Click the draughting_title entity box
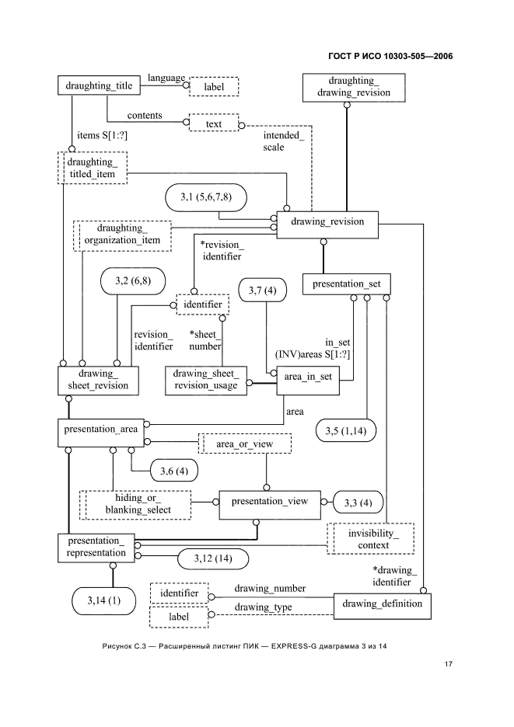click(x=99, y=85)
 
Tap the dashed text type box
click(x=213, y=123)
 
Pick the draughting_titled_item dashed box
click(x=93, y=168)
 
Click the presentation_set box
click(x=345, y=284)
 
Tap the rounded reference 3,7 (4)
click(x=262, y=290)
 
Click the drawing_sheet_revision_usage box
click(x=206, y=379)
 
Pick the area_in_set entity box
click(x=309, y=377)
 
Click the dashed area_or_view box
click(x=243, y=444)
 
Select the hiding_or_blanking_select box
click(x=136, y=504)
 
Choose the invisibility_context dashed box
click(x=369, y=539)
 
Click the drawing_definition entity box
click(x=381, y=604)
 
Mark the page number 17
click(x=449, y=664)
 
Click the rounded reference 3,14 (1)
click(x=103, y=600)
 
